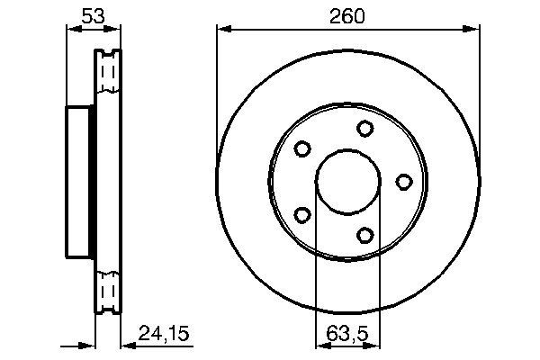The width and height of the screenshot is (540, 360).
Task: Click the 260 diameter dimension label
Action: pyautogui.click(x=346, y=15)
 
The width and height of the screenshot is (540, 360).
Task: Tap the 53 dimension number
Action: pyautogui.click(x=92, y=15)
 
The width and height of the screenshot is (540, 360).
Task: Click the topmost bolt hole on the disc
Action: pyautogui.click(x=364, y=129)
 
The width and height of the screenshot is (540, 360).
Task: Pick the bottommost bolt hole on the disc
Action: pyautogui.click(x=364, y=235)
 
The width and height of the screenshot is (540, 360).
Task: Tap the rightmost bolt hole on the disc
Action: pyautogui.click(x=404, y=182)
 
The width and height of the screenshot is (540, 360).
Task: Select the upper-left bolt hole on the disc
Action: pyautogui.click(x=302, y=148)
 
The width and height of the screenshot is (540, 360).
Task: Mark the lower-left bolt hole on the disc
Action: pyautogui.click(x=302, y=215)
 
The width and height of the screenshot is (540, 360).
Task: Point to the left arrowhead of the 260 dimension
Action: pyautogui.click(x=221, y=31)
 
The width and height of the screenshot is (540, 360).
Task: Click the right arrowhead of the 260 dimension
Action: pyautogui.click(x=473, y=31)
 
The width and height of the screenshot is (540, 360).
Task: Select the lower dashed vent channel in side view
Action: pyautogui.click(x=108, y=292)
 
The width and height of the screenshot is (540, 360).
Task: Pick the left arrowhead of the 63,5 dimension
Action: pyautogui.click(x=320, y=344)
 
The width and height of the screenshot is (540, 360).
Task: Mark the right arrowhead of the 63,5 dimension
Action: pyautogui.click(x=376, y=344)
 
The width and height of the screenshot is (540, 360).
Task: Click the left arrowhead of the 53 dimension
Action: pyautogui.click(x=72, y=31)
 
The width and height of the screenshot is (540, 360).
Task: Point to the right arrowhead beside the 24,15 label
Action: pyautogui.click(x=125, y=344)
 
